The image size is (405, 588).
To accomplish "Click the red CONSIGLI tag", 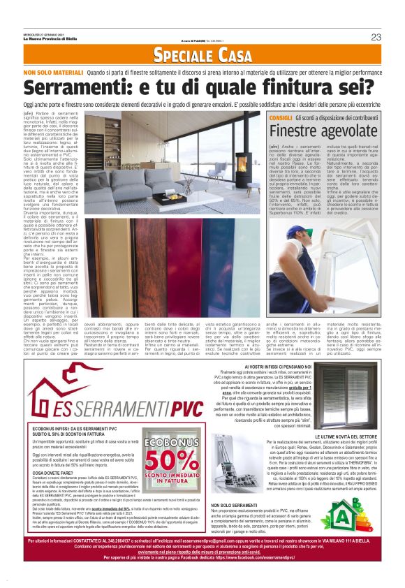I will pyautogui.click(x=280, y=119).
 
